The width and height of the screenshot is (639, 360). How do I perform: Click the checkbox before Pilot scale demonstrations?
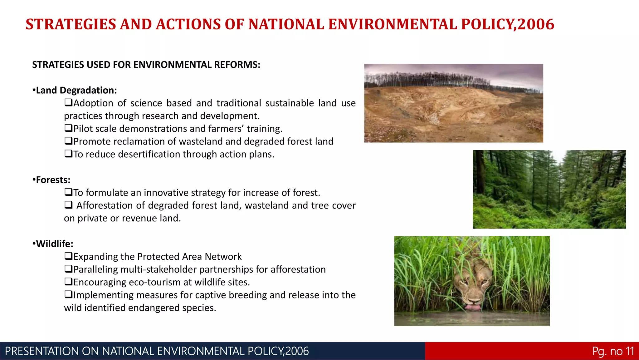coord(68,128)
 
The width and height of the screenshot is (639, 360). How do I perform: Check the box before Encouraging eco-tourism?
coord(68,282)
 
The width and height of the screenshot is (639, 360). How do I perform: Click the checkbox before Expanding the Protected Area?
coord(68,256)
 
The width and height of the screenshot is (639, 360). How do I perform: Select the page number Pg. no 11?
coord(613,351)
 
